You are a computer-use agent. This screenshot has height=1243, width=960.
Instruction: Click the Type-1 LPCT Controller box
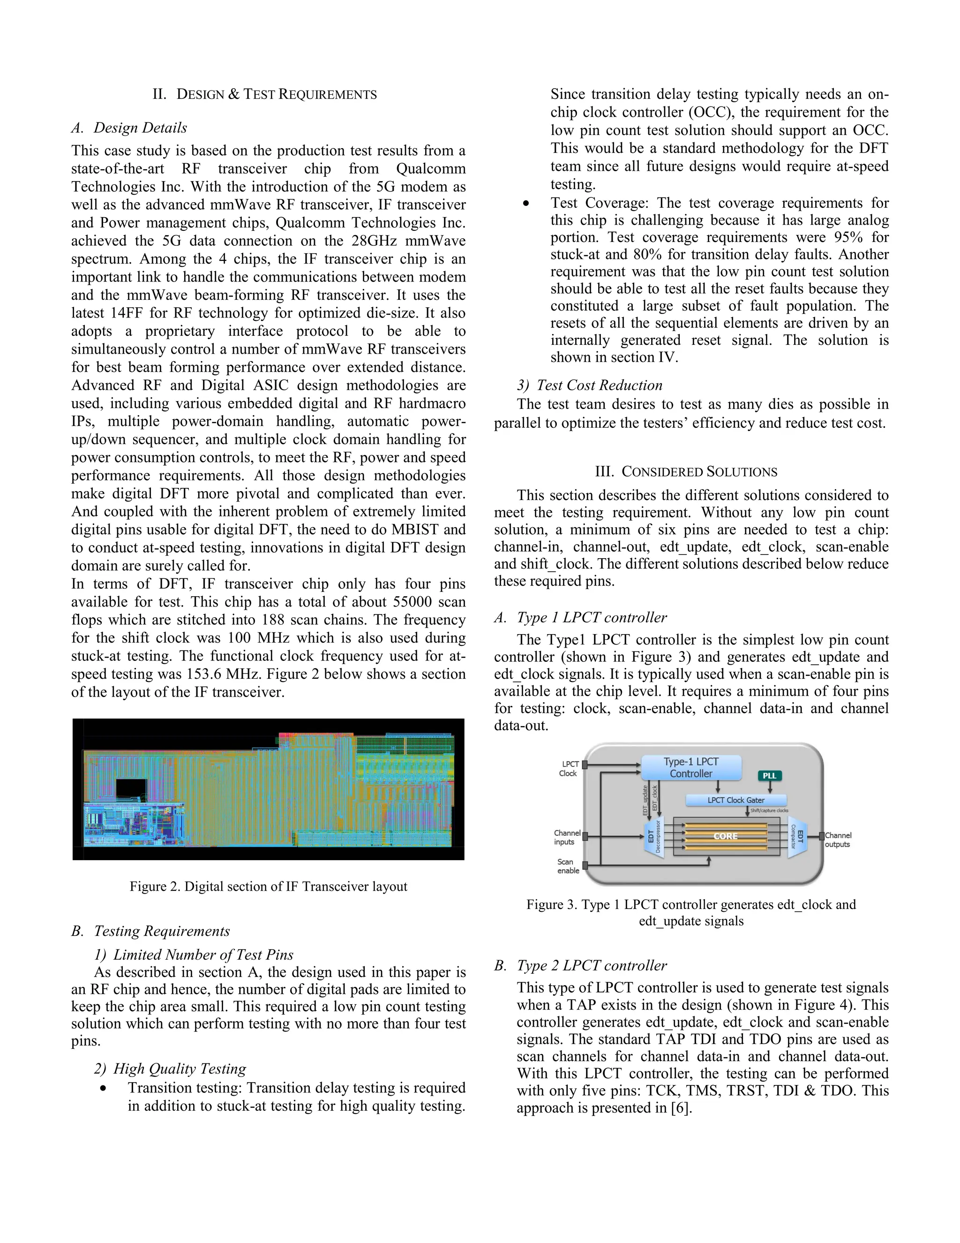pos(691,768)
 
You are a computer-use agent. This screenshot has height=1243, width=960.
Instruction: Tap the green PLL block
pos(770,776)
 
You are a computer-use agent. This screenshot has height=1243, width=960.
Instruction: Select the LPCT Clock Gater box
pos(736,800)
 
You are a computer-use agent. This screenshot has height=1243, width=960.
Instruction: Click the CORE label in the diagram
pos(726,836)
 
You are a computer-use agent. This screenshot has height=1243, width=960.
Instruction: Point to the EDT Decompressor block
pos(654,836)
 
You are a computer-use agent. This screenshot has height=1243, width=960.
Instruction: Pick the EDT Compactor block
pos(797,837)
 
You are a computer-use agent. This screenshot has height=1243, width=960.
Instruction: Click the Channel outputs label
pos(838,840)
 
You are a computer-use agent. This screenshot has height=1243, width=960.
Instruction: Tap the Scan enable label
pos(568,866)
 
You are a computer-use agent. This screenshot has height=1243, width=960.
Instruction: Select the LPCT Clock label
pos(569,769)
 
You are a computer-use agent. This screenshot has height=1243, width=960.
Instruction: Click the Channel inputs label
pos(567,837)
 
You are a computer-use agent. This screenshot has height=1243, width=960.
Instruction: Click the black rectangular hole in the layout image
pos(131,789)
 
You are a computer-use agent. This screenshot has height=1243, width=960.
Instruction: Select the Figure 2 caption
pos(269,887)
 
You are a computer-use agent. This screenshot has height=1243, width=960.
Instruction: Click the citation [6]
pos(681,1108)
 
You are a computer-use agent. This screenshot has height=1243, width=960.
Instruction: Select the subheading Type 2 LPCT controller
pos(592,966)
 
